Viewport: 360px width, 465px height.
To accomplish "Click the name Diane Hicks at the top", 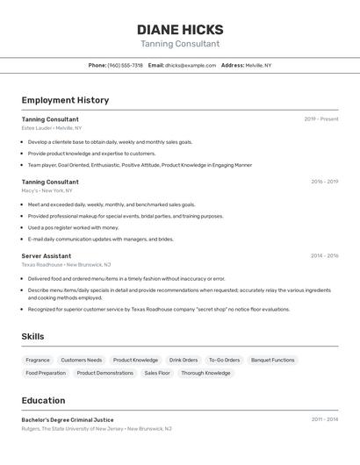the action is (180, 30).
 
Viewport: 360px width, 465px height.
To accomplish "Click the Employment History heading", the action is (65, 100).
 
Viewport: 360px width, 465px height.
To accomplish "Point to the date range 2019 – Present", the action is (321, 118).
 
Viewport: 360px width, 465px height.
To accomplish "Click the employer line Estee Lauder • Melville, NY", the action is (52, 128).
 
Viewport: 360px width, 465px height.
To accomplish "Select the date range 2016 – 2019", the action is (324, 182).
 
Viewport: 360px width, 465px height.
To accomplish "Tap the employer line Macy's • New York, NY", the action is (47, 190).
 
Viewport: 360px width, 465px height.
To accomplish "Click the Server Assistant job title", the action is (47, 255).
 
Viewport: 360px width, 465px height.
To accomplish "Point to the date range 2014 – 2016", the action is (324, 255).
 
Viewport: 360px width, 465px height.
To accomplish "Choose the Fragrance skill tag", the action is (38, 360).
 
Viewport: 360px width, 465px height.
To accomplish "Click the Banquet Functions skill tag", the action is (272, 360).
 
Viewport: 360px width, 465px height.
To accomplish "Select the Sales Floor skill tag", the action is (157, 373).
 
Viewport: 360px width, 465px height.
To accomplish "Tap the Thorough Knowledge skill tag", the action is (205, 373).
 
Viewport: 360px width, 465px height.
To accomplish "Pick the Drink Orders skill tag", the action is (184, 360).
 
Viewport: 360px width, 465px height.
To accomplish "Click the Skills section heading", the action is (32, 336).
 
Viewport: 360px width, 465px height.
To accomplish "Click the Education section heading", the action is (43, 400).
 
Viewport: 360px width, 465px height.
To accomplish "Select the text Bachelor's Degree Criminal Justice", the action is (68, 419).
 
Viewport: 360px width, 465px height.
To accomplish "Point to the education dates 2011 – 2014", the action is (324, 419).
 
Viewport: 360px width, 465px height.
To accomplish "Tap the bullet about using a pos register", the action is (73, 227).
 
